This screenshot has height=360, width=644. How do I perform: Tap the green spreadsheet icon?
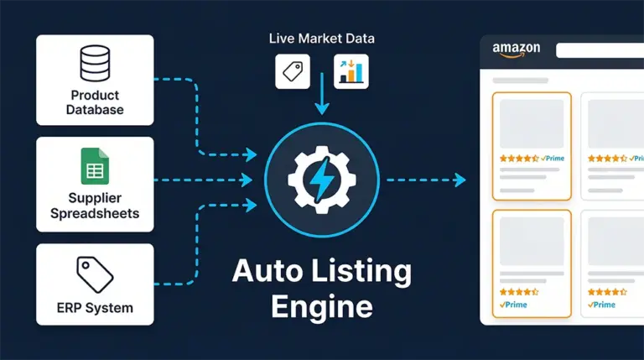coord(95,166)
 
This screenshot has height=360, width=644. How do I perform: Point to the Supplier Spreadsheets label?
coord(95,206)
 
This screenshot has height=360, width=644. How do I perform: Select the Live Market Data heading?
coord(322,39)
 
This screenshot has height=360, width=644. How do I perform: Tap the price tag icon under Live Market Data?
coord(293,72)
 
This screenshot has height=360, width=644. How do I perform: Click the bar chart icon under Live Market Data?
coord(351,72)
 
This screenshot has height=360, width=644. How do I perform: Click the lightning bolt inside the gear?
coord(322,179)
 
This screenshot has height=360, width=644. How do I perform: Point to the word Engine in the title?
coord(322,305)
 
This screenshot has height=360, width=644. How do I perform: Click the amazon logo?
coord(517,50)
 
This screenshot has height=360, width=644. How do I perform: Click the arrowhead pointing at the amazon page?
coord(459,180)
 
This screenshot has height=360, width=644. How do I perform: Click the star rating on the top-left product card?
coord(518,158)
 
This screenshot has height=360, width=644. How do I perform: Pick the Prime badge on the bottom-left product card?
coord(514,305)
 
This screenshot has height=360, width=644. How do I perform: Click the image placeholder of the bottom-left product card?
coord(531,243)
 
